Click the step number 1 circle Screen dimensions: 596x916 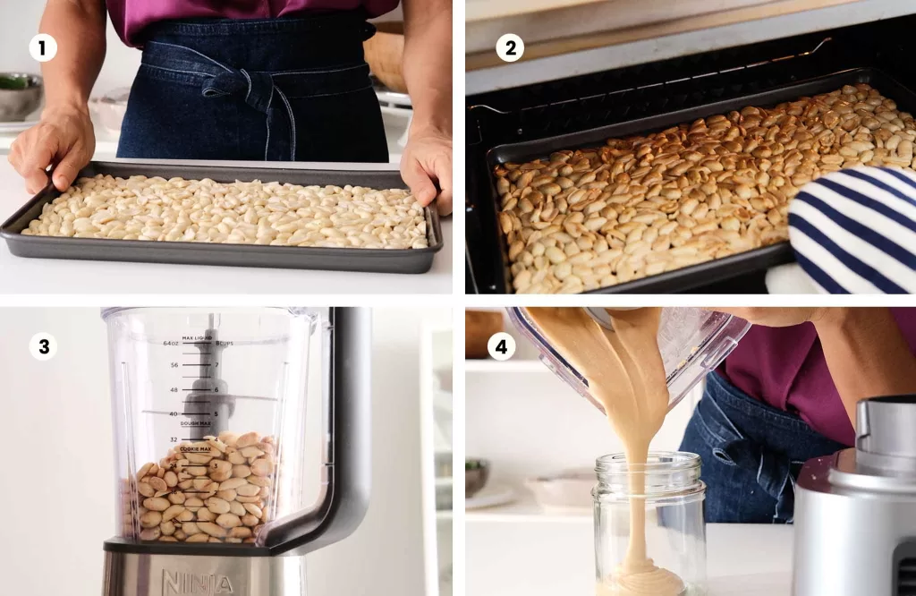click(43, 48)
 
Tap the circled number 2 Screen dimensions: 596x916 click(510, 48)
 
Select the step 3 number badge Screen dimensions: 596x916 click(43, 346)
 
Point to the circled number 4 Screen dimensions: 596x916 click(500, 346)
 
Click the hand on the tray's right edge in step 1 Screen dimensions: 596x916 click(428, 166)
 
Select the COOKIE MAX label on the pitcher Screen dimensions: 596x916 click(195, 448)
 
